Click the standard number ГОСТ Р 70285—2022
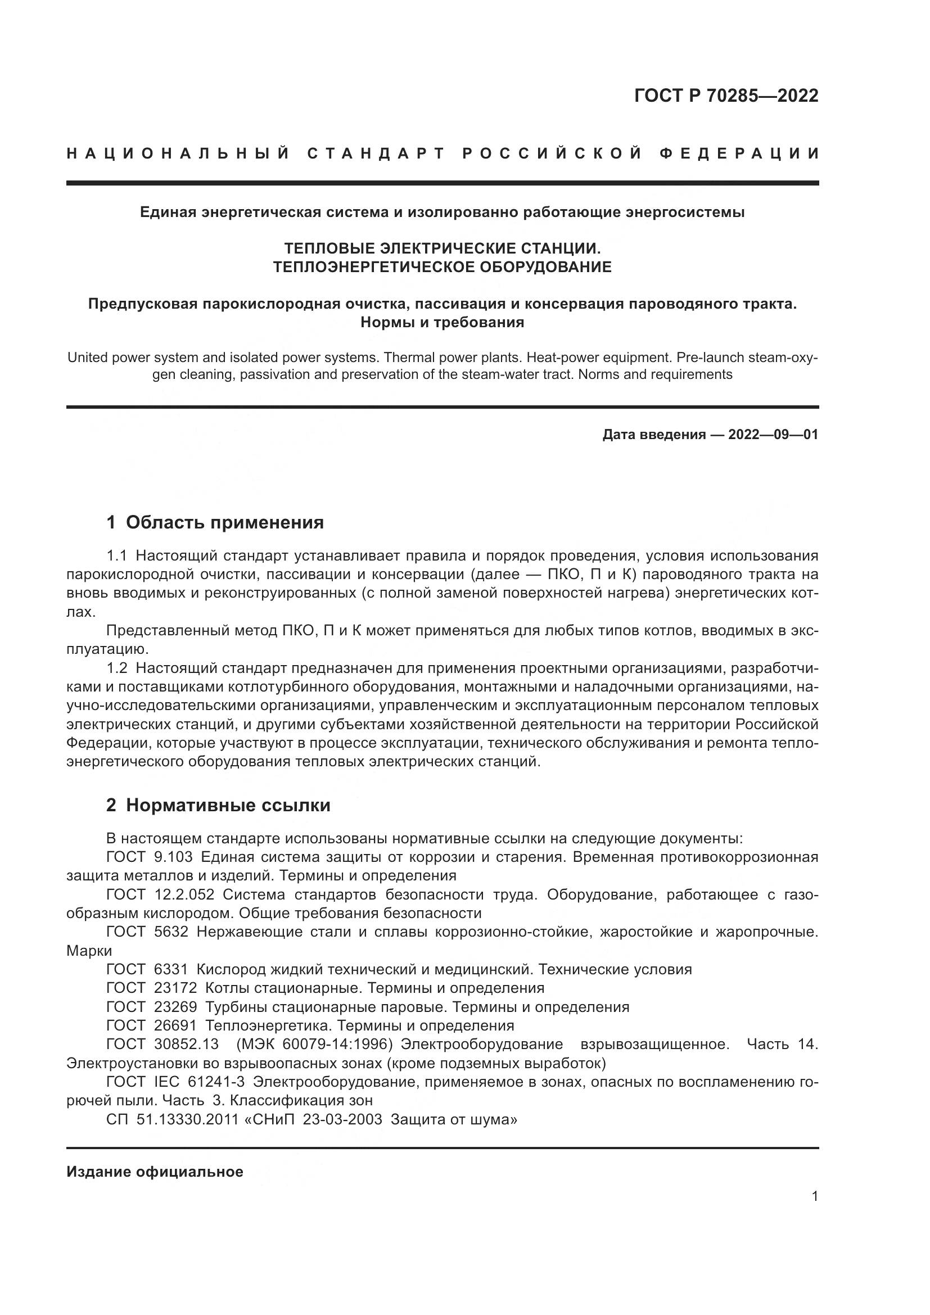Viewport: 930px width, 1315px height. (725, 96)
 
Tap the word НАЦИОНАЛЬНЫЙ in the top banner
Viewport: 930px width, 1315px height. (178, 154)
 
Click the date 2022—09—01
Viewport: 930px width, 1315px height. (773, 435)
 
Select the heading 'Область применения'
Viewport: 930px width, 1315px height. (224, 522)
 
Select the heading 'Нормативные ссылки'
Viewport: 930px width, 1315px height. (228, 805)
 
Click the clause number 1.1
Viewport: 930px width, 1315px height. (116, 555)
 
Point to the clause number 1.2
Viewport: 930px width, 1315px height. (116, 668)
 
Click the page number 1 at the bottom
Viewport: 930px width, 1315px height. (815, 1196)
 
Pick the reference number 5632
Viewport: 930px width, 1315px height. (171, 932)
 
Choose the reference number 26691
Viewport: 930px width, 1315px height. (175, 1025)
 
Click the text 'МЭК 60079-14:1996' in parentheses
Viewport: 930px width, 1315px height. (314, 1044)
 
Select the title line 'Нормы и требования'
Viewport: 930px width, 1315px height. (442, 323)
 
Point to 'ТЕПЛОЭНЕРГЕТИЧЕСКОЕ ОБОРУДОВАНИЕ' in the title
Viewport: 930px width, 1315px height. (442, 267)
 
